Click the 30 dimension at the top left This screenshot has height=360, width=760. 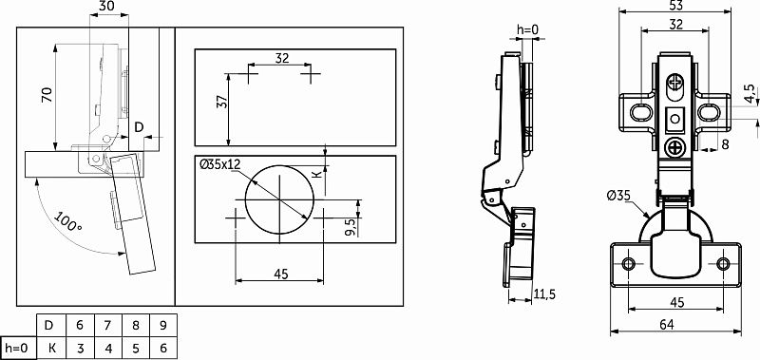pyautogui.click(x=108, y=6)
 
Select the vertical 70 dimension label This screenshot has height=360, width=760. pyautogui.click(x=47, y=95)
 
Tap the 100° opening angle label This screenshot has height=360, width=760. pyautogui.click(x=67, y=221)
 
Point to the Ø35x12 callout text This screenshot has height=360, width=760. pyautogui.click(x=220, y=164)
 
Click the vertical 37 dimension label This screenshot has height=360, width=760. pyautogui.click(x=221, y=103)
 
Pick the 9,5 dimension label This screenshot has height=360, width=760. pyautogui.click(x=351, y=227)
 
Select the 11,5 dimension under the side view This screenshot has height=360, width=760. pyautogui.click(x=544, y=294)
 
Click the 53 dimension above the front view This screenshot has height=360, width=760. pyautogui.click(x=675, y=6)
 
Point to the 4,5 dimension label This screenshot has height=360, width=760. pyautogui.click(x=750, y=93)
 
